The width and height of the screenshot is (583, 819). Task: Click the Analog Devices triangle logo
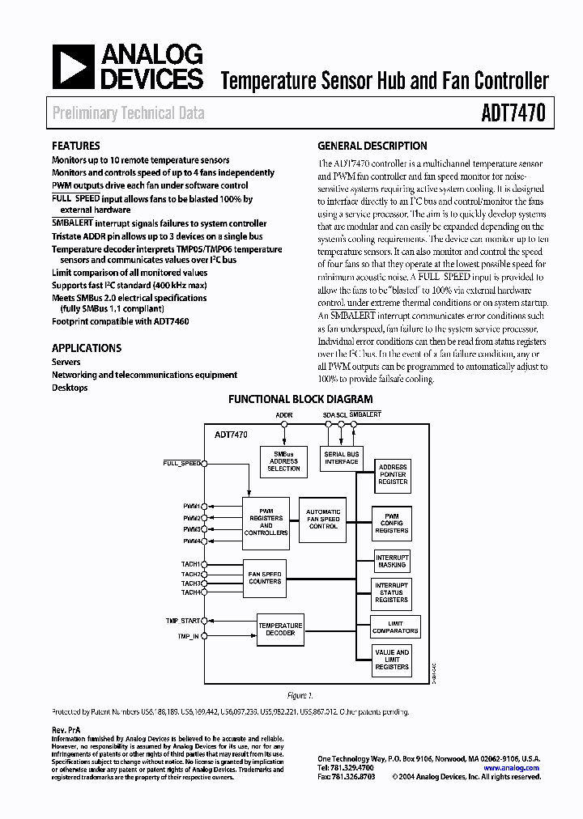pyautogui.click(x=73, y=66)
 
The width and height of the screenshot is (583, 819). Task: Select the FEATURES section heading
pyautogui.click(x=76, y=146)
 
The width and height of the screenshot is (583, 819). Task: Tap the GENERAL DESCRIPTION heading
pyautogui.click(x=372, y=146)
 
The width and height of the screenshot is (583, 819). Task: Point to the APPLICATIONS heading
pyautogui.click(x=87, y=348)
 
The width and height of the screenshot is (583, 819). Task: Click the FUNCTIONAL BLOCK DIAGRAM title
pyautogui.click(x=300, y=399)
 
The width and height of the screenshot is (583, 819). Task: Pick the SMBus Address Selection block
pyautogui.click(x=283, y=461)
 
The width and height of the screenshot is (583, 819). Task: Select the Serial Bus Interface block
pyautogui.click(x=341, y=458)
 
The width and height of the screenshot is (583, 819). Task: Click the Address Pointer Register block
pyautogui.click(x=393, y=475)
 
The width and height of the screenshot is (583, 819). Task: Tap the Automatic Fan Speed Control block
pyautogui.click(x=323, y=519)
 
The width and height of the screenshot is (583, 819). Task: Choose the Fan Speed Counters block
pyautogui.click(x=265, y=577)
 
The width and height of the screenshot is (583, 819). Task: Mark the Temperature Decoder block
pyautogui.click(x=280, y=629)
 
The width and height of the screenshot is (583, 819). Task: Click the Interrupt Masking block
pyautogui.click(x=392, y=561)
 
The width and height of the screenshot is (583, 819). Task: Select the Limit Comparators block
pyautogui.click(x=394, y=626)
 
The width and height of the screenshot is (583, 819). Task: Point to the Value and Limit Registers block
pyautogui.click(x=392, y=659)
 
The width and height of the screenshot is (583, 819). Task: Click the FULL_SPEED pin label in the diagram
pyautogui.click(x=181, y=463)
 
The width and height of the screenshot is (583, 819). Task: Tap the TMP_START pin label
pyautogui.click(x=182, y=621)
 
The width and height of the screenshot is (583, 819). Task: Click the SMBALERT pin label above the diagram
pyautogui.click(x=364, y=414)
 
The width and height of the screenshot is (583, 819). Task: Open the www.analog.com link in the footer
pyautogui.click(x=511, y=768)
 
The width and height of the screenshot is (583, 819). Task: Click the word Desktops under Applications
pyautogui.click(x=70, y=388)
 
